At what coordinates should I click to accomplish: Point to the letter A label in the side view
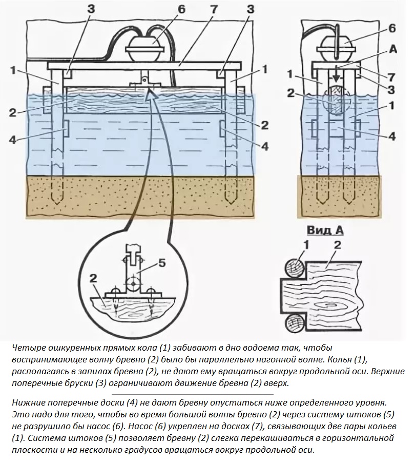[393, 50]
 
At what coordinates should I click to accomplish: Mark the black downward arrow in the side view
[336, 75]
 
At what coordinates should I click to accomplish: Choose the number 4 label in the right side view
[392, 137]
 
